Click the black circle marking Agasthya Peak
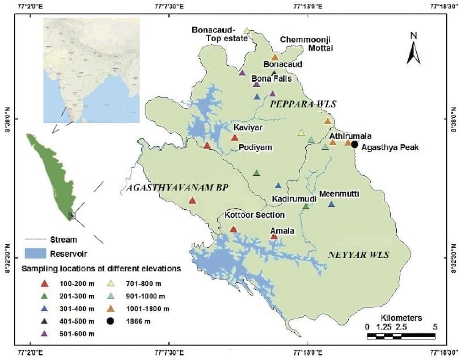(x=354, y=145)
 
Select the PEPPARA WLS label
(x=303, y=105)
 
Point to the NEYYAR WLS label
(x=358, y=255)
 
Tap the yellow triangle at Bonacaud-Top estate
(x=247, y=31)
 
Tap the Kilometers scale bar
(x=401, y=336)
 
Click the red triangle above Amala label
(x=274, y=236)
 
